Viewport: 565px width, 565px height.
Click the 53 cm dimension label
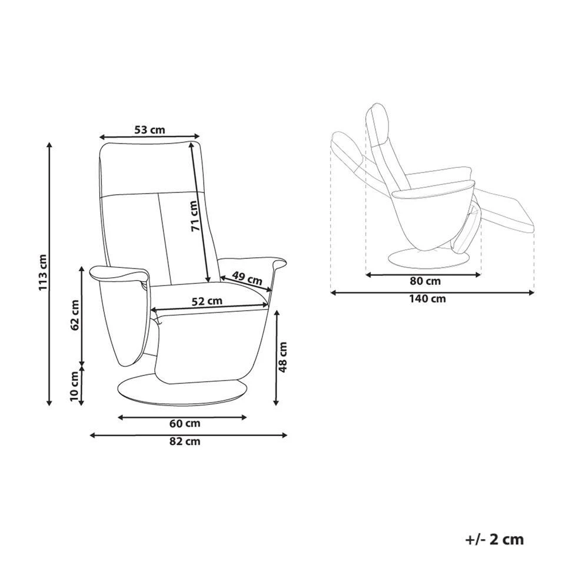coord(149,129)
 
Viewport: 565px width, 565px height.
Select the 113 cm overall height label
coord(42,273)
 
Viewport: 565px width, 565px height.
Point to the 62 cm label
coord(74,316)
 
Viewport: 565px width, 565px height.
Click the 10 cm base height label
coord(74,387)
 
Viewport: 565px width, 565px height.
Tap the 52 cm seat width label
coord(207,301)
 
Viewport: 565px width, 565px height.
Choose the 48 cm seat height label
coord(283,357)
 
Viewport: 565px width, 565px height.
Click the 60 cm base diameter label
coord(185,423)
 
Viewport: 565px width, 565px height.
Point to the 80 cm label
coord(424,281)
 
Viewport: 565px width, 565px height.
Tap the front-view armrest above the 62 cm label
coord(118,273)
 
